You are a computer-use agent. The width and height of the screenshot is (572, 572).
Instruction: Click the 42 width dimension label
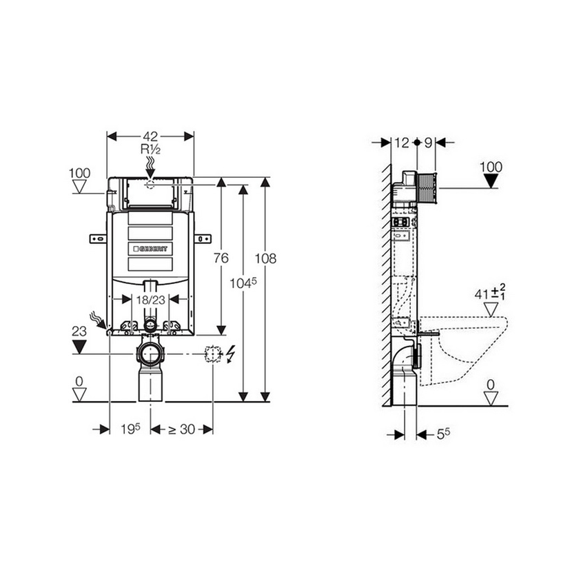point(150,136)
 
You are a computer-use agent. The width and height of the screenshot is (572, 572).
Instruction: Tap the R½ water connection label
point(150,149)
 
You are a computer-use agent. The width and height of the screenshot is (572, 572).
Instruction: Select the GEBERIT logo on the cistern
point(150,249)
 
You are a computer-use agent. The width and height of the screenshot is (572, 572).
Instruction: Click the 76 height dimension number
point(221,258)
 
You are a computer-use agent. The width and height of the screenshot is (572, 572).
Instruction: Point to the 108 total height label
point(265,258)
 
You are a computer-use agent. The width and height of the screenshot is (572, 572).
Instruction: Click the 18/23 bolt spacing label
point(151,300)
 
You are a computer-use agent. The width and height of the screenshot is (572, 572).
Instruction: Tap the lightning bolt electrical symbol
point(231,354)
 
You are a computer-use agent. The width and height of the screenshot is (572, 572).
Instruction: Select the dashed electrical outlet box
point(214,354)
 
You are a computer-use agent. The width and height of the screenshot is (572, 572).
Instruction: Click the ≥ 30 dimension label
point(182,429)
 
